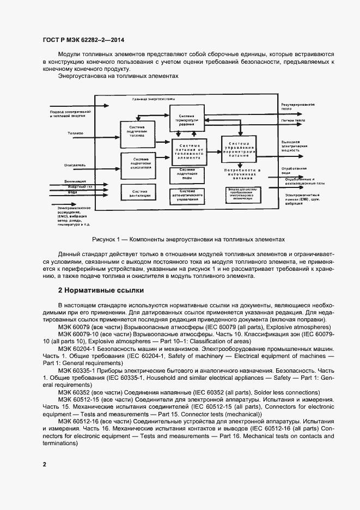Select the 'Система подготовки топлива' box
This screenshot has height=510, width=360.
point(137,133)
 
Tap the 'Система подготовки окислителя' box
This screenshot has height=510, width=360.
point(137,165)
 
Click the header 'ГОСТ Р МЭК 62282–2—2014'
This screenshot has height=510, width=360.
point(77,40)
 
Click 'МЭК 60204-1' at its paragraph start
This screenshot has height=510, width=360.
point(76,347)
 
